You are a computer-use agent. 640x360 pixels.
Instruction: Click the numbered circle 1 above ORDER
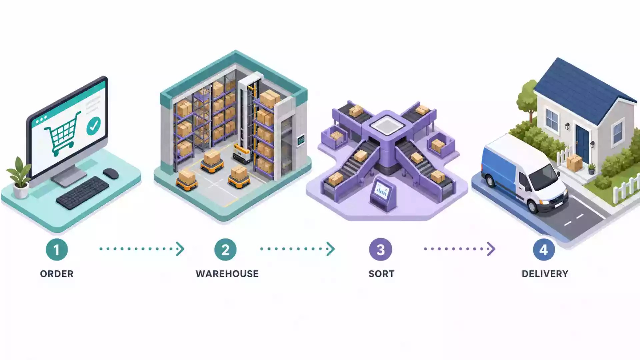click(x=57, y=249)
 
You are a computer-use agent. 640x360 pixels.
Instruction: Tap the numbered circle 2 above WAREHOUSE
click(x=225, y=249)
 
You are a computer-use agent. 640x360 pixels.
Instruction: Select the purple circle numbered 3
click(x=381, y=249)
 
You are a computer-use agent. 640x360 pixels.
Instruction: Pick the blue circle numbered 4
click(x=544, y=249)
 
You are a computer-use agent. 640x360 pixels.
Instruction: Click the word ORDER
click(x=57, y=274)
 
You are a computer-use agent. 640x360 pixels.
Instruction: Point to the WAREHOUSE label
click(x=227, y=274)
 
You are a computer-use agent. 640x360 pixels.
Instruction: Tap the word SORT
click(x=381, y=274)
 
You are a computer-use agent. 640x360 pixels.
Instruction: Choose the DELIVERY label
click(x=545, y=274)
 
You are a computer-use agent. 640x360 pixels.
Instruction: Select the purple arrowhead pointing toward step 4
click(x=491, y=249)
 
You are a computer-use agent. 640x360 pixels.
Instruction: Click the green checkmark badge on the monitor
click(x=93, y=126)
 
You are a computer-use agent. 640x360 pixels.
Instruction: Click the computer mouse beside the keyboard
click(x=111, y=173)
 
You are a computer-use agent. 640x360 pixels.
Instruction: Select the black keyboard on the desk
click(x=83, y=193)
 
